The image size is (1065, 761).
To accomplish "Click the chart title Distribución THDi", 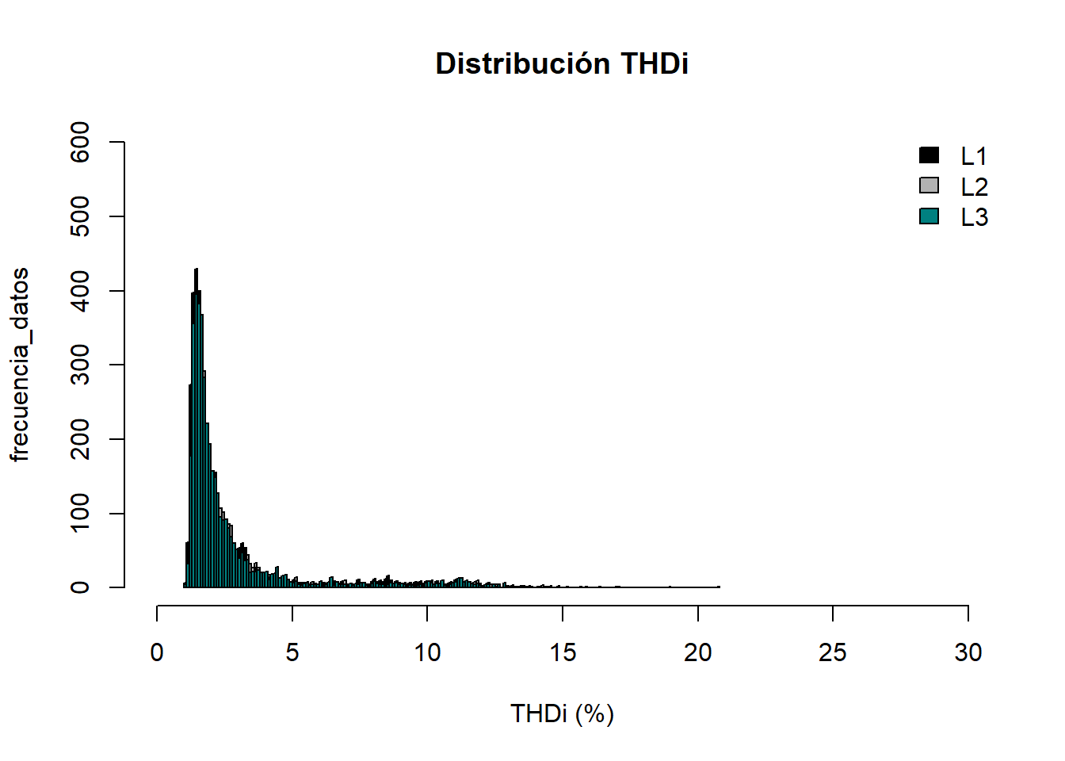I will pyautogui.click(x=562, y=63).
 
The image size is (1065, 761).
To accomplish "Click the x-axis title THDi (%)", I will pyautogui.click(x=562, y=713).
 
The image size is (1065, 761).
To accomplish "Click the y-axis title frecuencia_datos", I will pyautogui.click(x=20, y=365).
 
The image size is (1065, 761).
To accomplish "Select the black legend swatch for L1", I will pyautogui.click(x=929, y=155).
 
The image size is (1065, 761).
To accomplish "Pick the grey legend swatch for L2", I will pyautogui.click(x=929, y=185).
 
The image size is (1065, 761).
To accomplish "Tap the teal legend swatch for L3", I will pyautogui.click(x=929, y=216).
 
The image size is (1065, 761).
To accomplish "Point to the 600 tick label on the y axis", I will pyautogui.click(x=80, y=142).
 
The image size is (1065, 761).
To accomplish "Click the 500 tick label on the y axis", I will pyautogui.click(x=80, y=216).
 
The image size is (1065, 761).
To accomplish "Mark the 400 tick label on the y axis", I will pyautogui.click(x=80, y=291).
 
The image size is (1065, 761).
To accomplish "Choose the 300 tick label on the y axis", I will pyautogui.click(x=80, y=365).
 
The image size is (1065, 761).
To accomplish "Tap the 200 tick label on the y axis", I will pyautogui.click(x=80, y=439).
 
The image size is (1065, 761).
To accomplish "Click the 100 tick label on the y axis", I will pyautogui.click(x=80, y=514).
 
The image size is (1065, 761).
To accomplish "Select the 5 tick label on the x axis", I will pyautogui.click(x=292, y=652).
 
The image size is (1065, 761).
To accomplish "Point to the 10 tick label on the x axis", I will pyautogui.click(x=427, y=652).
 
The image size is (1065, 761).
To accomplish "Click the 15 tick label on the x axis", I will pyautogui.click(x=563, y=652).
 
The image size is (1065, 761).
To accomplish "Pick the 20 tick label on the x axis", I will pyautogui.click(x=698, y=652).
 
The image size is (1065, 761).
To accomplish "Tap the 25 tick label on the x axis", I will pyautogui.click(x=833, y=652).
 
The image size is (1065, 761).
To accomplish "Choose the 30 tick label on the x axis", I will pyautogui.click(x=968, y=652).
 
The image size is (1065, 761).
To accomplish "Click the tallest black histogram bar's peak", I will pyautogui.click(x=196, y=270).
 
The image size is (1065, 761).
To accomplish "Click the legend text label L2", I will pyautogui.click(x=974, y=187).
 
